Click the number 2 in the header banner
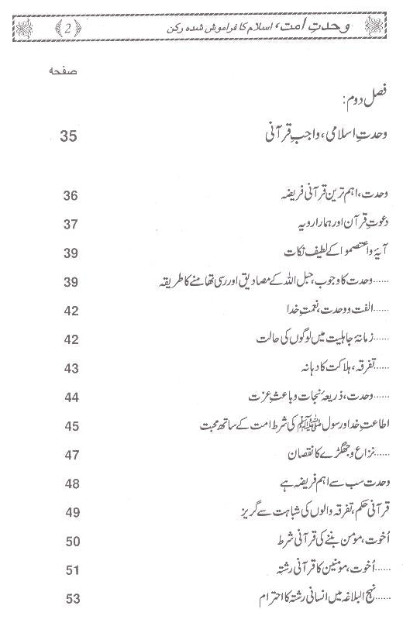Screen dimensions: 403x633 71,29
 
